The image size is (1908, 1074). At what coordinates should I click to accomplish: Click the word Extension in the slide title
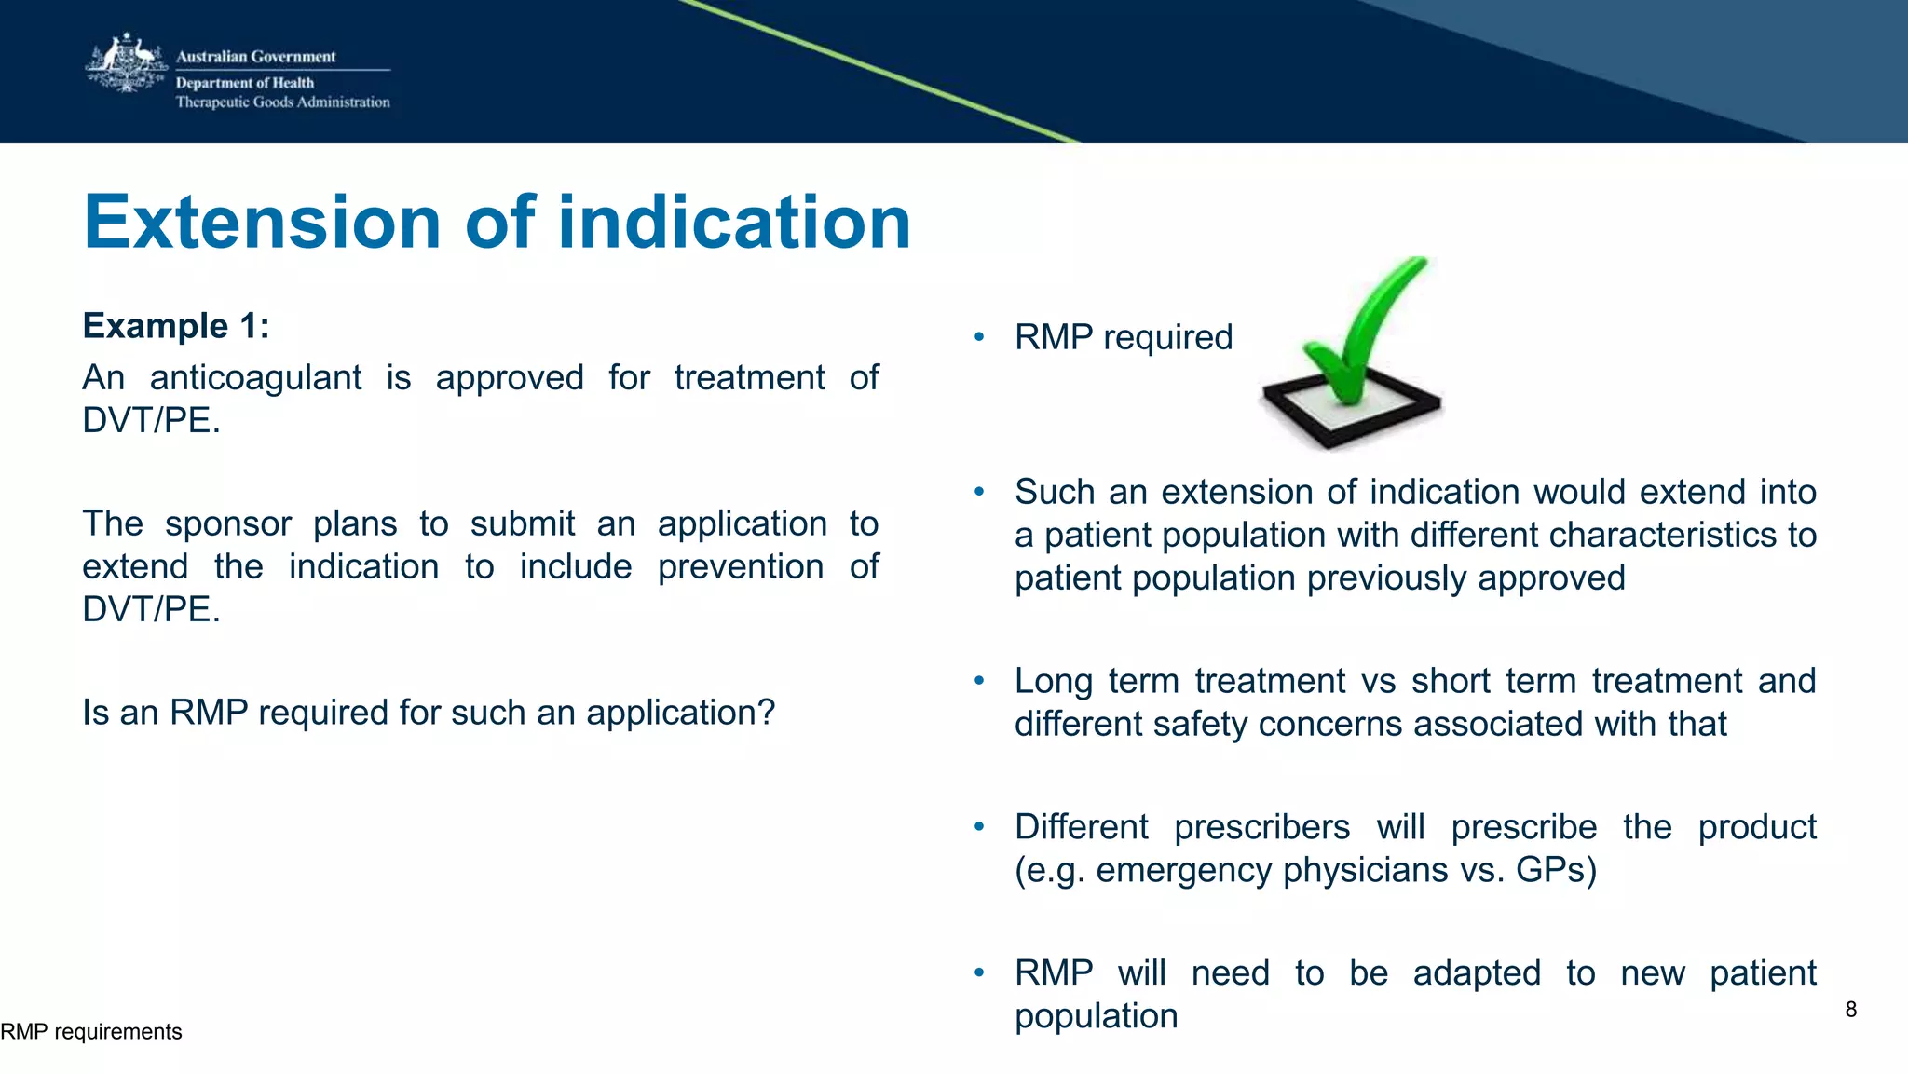(x=262, y=223)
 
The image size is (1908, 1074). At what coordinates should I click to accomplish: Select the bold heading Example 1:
(x=176, y=326)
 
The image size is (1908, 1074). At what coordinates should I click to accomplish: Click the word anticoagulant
(x=255, y=378)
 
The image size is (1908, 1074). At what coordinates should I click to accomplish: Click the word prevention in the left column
(x=741, y=566)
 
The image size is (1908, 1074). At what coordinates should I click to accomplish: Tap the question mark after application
(x=766, y=713)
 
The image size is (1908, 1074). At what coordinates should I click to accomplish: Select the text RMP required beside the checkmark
(x=1123, y=337)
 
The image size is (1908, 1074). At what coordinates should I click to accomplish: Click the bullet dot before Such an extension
(x=979, y=492)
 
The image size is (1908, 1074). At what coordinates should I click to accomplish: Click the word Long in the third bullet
(x=1053, y=681)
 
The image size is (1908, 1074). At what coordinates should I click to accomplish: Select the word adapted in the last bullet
(x=1477, y=973)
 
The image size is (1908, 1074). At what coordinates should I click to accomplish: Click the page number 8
(x=1850, y=1010)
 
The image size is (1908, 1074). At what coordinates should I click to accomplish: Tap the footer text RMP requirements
(x=91, y=1032)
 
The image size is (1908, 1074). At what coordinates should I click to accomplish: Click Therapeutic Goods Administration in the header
(x=282, y=102)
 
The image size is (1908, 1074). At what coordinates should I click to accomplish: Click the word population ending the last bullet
(x=1096, y=1016)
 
